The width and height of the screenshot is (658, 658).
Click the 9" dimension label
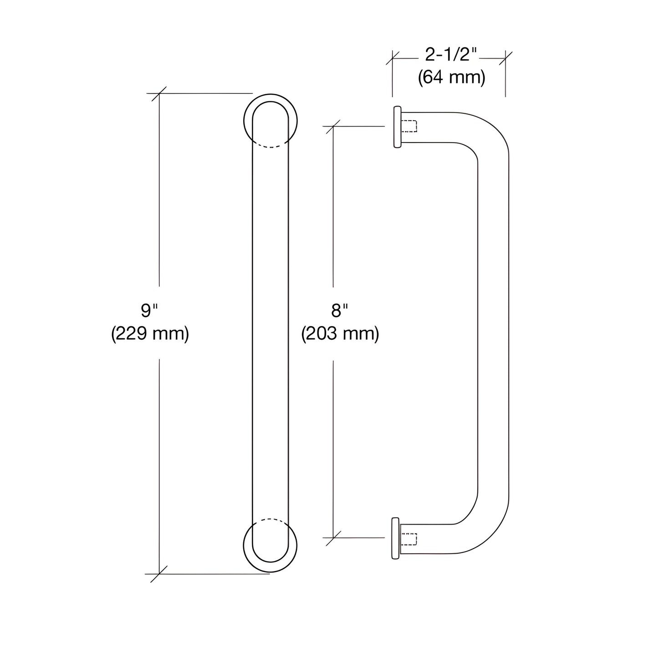149,311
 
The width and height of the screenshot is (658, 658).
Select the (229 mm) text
150,334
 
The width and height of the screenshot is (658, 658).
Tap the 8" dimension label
339,311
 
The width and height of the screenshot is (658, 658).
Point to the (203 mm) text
340,334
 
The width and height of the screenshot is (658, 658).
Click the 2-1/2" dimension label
451,55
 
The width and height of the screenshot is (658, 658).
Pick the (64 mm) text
451,78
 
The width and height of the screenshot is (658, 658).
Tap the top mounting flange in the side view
397,127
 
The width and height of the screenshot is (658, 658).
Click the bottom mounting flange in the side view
396,538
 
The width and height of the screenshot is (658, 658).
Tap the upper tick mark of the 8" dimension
333,126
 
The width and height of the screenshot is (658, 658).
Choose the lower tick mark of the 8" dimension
333,538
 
